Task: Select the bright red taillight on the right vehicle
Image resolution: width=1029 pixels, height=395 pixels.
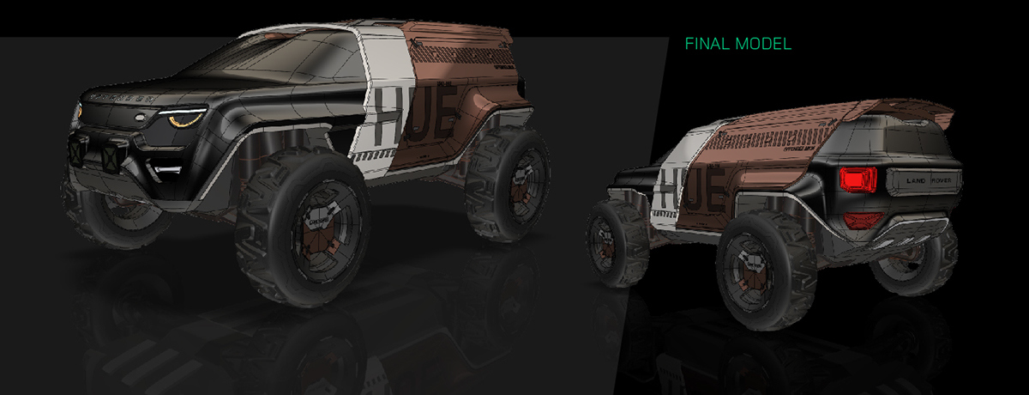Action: click(858, 180)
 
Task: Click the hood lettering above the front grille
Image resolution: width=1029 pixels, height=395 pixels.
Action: click(116, 98)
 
